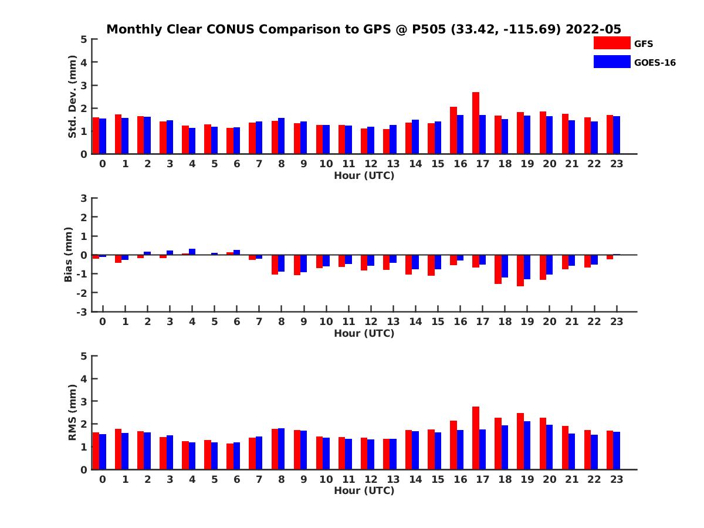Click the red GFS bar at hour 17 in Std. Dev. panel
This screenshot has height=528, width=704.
click(x=476, y=123)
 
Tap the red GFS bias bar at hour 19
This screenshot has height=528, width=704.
click(x=520, y=270)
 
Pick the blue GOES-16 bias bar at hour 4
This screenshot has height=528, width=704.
click(x=192, y=252)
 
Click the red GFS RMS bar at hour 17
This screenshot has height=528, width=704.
click(x=476, y=438)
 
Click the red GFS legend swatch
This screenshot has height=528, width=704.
click(x=612, y=43)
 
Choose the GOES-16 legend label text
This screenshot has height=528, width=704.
click(x=655, y=63)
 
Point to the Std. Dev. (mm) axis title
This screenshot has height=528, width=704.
click(x=73, y=97)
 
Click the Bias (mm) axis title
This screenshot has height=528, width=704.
click(x=69, y=255)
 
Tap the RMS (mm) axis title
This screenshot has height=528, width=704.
click(x=73, y=412)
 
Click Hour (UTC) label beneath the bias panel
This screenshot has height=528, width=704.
click(x=364, y=333)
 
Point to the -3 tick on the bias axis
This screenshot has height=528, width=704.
click(x=83, y=312)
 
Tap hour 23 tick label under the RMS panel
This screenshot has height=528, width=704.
click(x=616, y=479)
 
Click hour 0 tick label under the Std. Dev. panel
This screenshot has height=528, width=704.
click(x=103, y=164)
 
